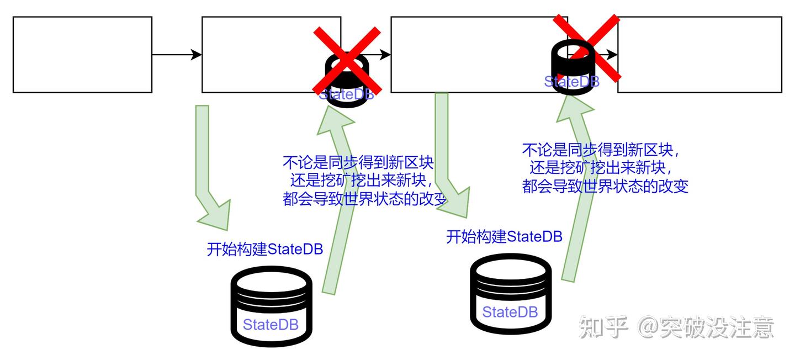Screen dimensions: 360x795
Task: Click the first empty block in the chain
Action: (82, 54)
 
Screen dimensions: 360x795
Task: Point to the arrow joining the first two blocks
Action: (177, 54)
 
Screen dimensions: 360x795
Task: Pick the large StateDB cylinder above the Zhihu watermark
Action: (511, 294)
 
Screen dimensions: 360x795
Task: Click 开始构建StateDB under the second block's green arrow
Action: (265, 249)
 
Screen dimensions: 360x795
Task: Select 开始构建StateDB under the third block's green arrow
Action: (504, 236)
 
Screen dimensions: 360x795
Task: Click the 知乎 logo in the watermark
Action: (603, 327)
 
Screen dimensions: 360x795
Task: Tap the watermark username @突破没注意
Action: (707, 327)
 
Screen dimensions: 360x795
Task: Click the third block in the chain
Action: (469, 54)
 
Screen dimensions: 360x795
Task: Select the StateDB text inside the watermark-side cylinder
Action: (510, 312)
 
